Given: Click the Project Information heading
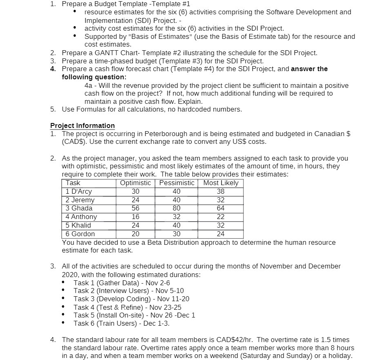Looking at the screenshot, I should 82,125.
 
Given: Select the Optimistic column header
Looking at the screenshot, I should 136,183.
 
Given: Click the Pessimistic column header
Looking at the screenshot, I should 176,183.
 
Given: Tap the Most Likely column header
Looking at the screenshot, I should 220,183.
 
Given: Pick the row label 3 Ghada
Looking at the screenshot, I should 79,208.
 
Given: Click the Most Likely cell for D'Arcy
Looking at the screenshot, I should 220,192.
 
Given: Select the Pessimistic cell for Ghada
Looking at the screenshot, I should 176,208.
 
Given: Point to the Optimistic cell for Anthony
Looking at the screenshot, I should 136,217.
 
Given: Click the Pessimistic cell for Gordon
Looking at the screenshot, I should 176,234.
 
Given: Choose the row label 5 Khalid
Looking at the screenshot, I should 78,226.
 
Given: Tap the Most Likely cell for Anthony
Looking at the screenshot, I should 220,217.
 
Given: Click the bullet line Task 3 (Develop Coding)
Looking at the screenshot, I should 131,299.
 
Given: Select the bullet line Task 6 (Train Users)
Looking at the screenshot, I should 121,323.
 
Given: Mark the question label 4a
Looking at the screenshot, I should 89,85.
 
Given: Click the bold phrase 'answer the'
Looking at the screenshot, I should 309,69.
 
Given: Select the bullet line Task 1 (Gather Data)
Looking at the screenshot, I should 122,282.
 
